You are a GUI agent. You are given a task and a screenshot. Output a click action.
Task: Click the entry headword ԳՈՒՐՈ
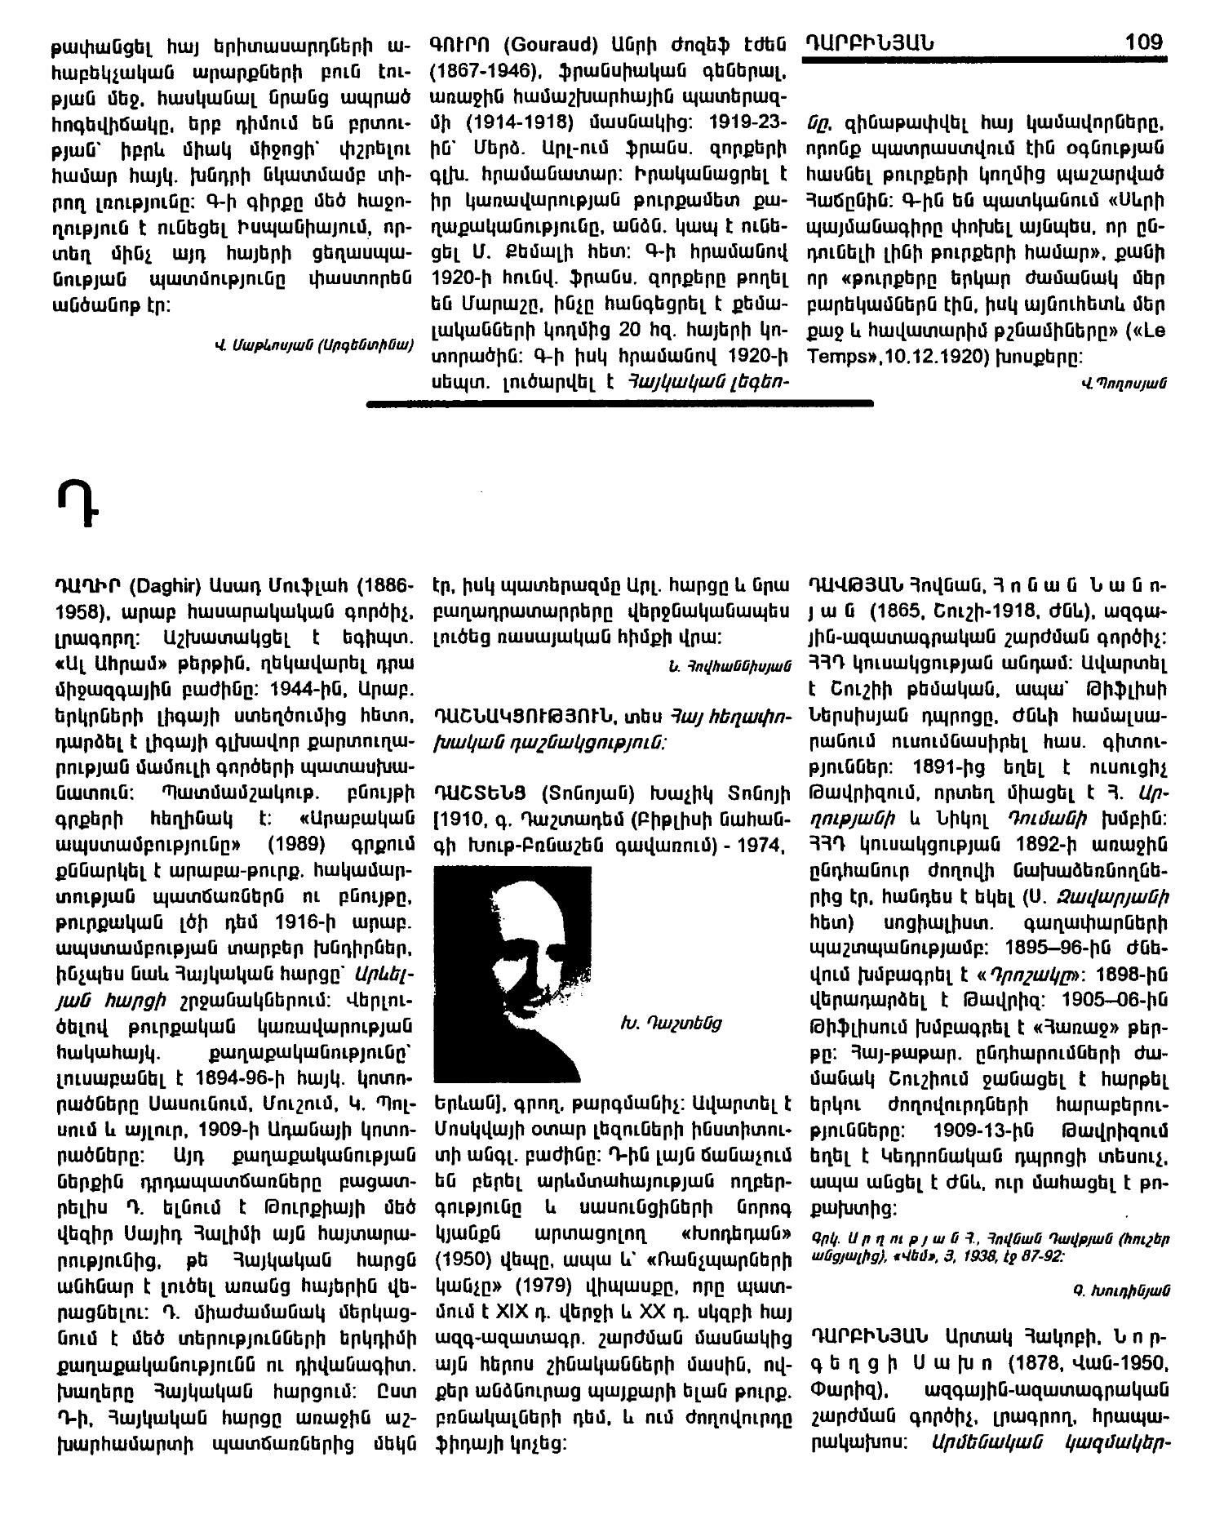[459, 42]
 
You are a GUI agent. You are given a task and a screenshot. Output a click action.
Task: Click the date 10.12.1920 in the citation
[923, 357]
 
